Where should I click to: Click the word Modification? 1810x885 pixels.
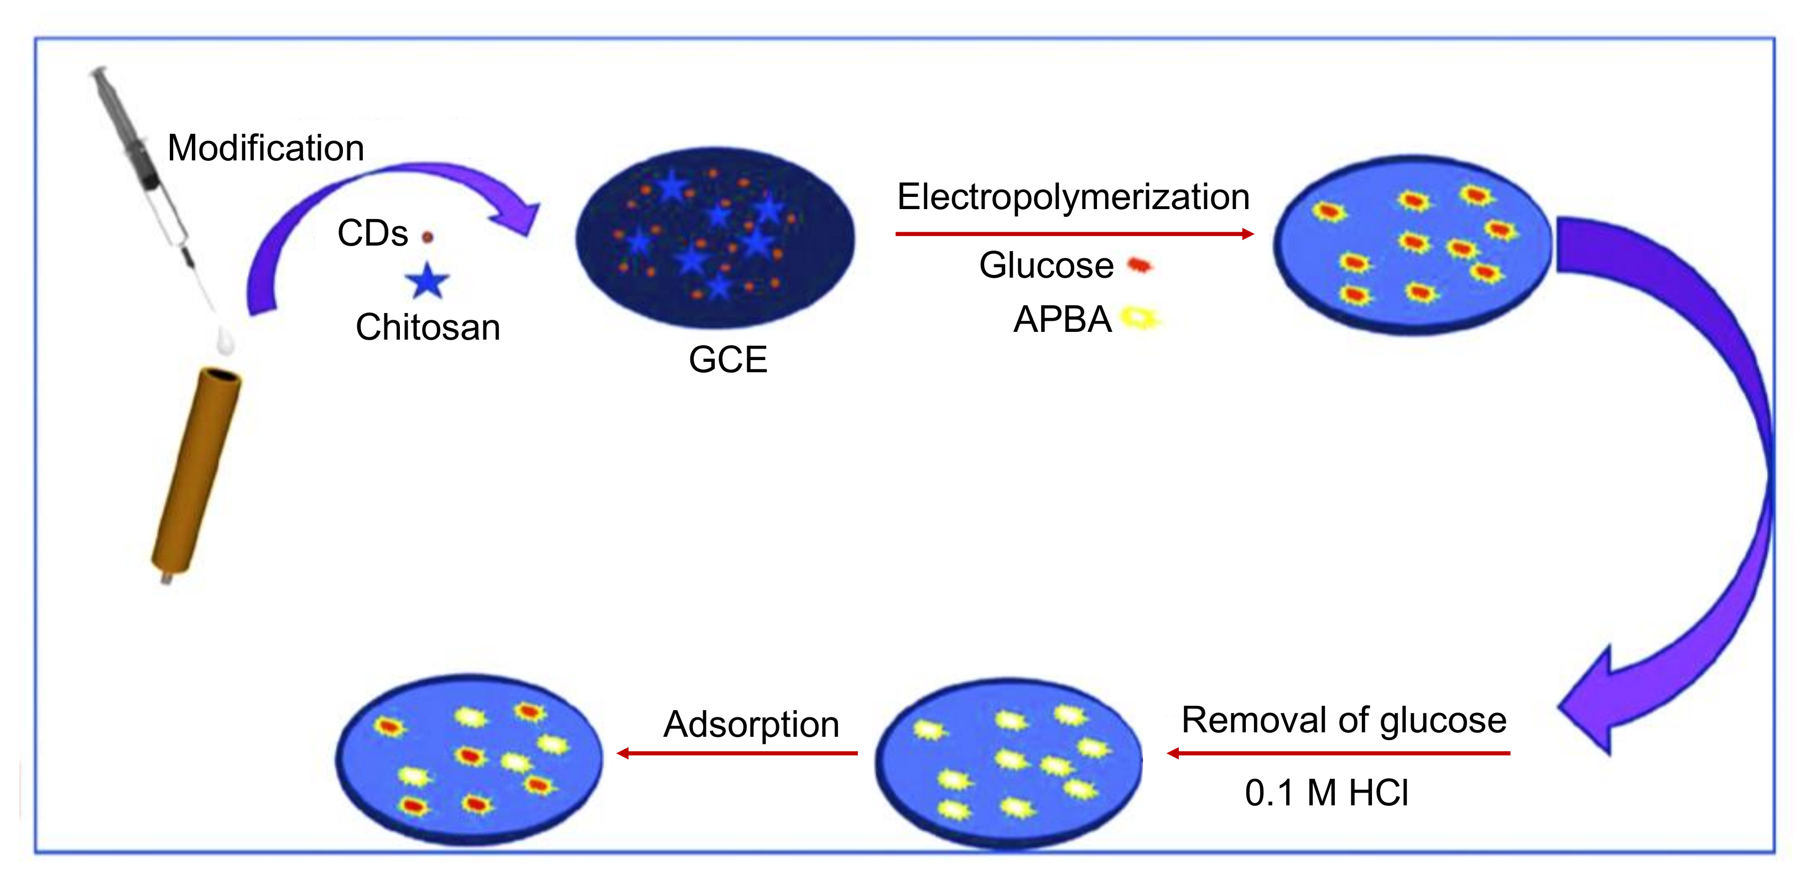[266, 148]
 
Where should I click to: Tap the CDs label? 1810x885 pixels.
[372, 233]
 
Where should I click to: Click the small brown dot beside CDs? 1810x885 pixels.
[427, 237]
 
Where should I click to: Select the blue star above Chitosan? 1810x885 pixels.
[427, 281]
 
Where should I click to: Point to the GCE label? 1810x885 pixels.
[728, 360]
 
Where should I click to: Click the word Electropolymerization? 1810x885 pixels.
[1073, 197]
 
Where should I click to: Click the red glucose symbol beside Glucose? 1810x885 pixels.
[1139, 265]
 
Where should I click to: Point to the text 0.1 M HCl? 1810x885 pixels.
[1326, 793]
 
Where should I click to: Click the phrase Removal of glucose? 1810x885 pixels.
[1344, 720]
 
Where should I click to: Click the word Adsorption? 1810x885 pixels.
[751, 724]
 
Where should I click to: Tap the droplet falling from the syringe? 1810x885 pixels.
[224, 340]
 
